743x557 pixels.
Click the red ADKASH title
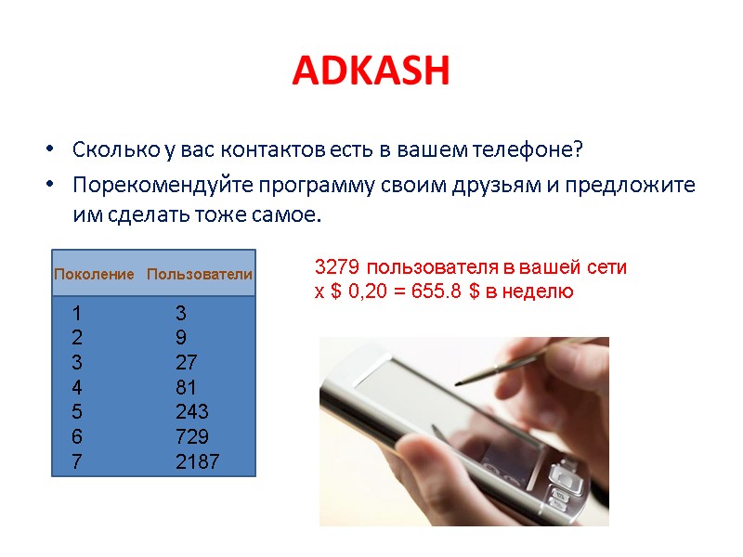[x=371, y=71]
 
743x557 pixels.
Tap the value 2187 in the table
[x=198, y=461]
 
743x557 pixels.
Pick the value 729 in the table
[x=192, y=436]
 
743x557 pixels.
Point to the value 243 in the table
[x=192, y=411]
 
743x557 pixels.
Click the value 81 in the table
[x=186, y=387]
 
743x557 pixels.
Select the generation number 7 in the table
[x=76, y=461]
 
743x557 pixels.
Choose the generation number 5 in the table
[x=76, y=411]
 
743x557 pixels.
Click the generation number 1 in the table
[x=76, y=313]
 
